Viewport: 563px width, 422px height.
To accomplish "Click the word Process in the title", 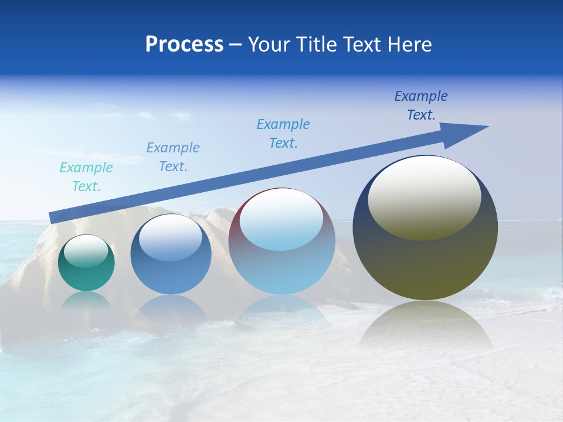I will [x=184, y=45].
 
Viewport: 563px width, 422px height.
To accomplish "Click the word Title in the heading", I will [x=316, y=45].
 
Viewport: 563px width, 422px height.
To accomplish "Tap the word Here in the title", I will [x=409, y=45].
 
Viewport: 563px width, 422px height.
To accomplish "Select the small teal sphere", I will [x=86, y=263].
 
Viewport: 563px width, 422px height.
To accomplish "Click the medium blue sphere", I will [x=171, y=254].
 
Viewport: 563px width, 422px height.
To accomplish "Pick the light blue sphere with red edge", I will [x=281, y=241].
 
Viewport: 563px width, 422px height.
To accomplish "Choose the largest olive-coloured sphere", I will [x=425, y=228].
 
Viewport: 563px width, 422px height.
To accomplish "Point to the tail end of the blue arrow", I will [x=52, y=218].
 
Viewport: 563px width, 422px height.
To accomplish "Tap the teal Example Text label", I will [x=86, y=177].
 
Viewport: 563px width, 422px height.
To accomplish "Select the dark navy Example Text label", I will [x=420, y=105].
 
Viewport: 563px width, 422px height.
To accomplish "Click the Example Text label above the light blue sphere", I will [x=283, y=134].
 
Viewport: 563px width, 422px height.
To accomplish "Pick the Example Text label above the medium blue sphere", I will [x=173, y=157].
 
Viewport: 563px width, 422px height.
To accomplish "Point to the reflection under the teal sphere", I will [x=86, y=300].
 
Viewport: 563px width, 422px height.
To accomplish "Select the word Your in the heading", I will [x=269, y=45].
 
